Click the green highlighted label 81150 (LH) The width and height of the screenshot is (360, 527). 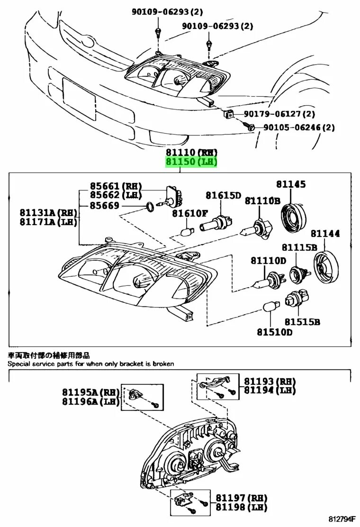191,163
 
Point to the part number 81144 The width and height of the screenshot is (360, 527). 325,233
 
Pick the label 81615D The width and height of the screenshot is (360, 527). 223,195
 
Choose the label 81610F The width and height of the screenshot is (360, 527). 190,213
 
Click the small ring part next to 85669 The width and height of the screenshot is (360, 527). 149,206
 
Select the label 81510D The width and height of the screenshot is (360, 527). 275,332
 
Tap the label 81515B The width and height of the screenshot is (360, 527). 302,322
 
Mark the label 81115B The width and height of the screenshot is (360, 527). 299,247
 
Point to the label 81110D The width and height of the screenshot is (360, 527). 269,261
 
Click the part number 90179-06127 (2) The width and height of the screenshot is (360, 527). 279,114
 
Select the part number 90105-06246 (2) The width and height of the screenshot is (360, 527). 299,127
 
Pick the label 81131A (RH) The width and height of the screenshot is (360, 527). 48,212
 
